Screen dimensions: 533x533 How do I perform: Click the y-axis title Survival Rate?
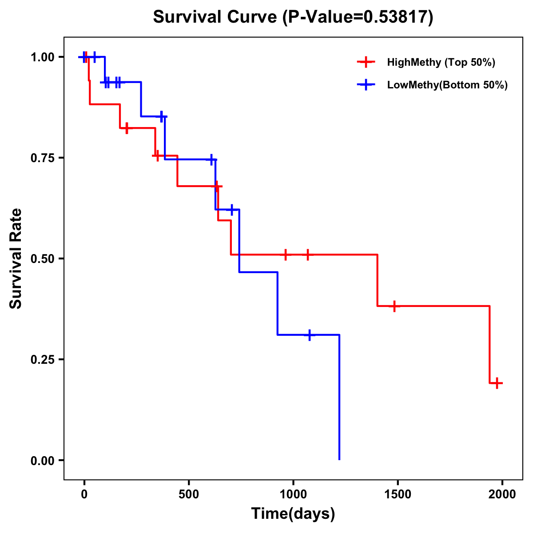pyautogui.click(x=16, y=258)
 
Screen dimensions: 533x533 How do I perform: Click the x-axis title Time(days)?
pyautogui.click(x=293, y=513)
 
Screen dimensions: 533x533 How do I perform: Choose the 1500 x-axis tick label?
pyautogui.click(x=398, y=494)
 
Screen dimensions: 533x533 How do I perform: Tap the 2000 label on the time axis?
pyautogui.click(x=502, y=494)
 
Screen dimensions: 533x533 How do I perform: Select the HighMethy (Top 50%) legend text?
pyautogui.click(x=441, y=62)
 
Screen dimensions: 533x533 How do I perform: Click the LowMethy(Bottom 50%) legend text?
pyautogui.click(x=447, y=85)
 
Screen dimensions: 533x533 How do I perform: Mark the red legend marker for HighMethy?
pyautogui.click(x=366, y=62)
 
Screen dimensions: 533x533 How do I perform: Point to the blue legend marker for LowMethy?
pyautogui.click(x=366, y=85)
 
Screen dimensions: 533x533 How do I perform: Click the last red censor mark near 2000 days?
pyautogui.click(x=497, y=383)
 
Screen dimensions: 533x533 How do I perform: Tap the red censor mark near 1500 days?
pyautogui.click(x=394, y=306)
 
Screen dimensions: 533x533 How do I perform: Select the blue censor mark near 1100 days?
pyautogui.click(x=310, y=335)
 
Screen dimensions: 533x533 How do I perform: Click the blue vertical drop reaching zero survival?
pyautogui.click(x=339, y=400)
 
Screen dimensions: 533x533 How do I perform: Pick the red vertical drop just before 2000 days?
pyautogui.click(x=489, y=344)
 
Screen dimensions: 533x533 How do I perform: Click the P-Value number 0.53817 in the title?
pyautogui.click(x=397, y=17)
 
